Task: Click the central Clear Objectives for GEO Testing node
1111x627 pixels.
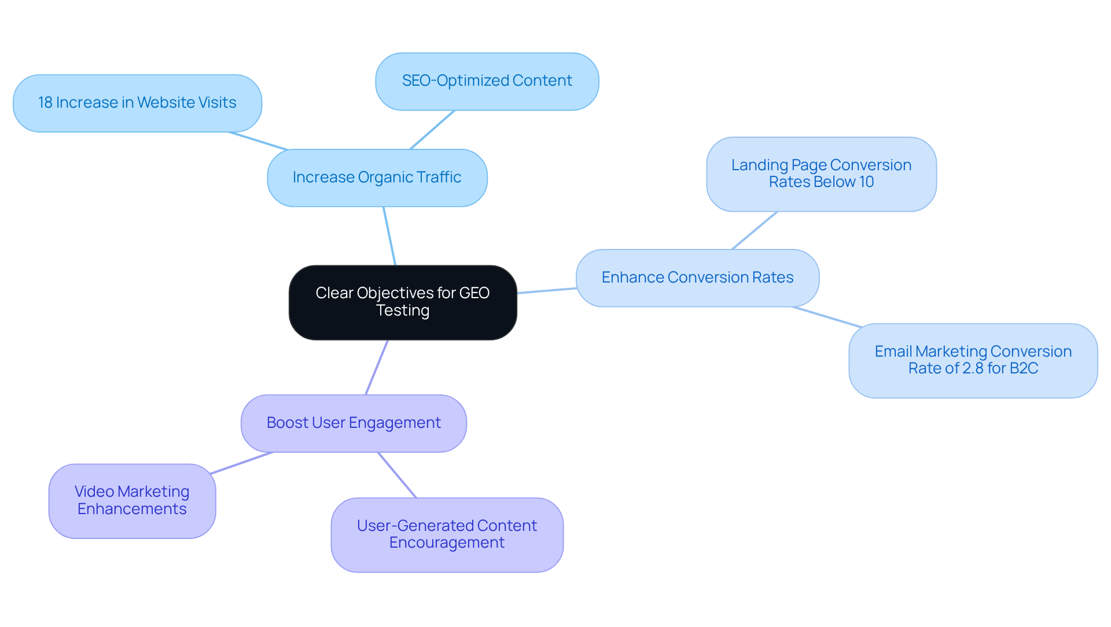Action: (x=403, y=302)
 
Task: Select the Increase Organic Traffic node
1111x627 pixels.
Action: (x=377, y=178)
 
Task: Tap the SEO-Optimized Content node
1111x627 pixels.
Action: (x=487, y=81)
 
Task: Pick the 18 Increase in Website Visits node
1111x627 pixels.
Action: (x=137, y=103)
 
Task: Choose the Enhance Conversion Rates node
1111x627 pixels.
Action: (x=697, y=278)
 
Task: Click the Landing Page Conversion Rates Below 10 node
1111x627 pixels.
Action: (x=821, y=174)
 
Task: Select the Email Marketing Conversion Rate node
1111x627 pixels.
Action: (x=973, y=360)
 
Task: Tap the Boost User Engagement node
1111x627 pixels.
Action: (x=354, y=423)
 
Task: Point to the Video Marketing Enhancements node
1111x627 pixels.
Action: (x=132, y=501)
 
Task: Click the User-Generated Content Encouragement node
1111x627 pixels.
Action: (x=447, y=534)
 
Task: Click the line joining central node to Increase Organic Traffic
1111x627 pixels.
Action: (x=389, y=236)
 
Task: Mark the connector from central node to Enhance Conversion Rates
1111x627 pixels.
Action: (x=546, y=291)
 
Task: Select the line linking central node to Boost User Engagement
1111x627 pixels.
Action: (x=377, y=367)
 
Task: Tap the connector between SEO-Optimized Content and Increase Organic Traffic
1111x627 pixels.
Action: (x=432, y=130)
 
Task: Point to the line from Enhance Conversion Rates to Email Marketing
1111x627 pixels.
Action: (x=827, y=317)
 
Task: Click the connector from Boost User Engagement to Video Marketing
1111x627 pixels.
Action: (x=241, y=463)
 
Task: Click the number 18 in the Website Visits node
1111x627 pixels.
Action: (x=45, y=103)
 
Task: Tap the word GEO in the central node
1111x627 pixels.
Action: (x=474, y=293)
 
